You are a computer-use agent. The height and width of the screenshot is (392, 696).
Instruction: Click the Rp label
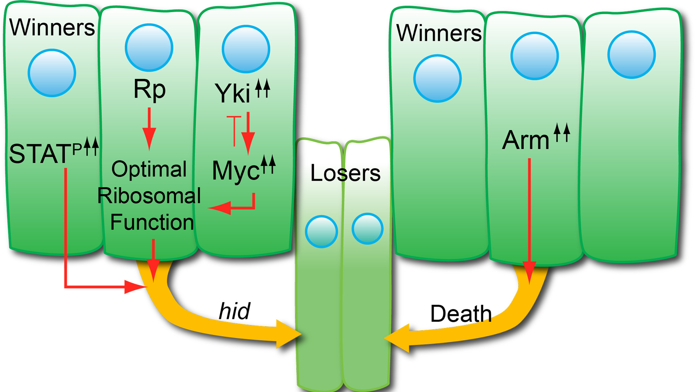pos(149,90)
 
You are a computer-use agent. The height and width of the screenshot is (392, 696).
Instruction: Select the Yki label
pos(233,93)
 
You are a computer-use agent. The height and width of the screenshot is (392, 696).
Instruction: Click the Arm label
pos(526,140)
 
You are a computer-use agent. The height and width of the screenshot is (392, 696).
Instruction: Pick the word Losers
pos(345,173)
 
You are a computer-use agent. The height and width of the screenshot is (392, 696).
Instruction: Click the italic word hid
pos(234,311)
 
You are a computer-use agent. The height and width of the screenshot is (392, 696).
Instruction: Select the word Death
pos(461,314)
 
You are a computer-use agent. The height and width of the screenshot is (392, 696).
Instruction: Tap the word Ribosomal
pos(149,196)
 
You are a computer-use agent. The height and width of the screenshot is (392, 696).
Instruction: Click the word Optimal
pos(149,169)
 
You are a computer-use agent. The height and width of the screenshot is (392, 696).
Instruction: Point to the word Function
pos(152,222)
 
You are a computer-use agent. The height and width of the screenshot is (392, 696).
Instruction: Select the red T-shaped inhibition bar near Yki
pos(234,130)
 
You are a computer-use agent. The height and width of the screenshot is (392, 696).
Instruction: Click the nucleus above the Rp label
pos(149,47)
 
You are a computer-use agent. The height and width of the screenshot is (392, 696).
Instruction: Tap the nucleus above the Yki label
pos(246,49)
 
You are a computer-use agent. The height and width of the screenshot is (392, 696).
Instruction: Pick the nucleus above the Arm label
pos(534,56)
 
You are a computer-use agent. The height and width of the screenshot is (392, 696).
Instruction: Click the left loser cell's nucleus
pos(321,232)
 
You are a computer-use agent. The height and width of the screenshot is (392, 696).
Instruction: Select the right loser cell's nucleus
pos(368,229)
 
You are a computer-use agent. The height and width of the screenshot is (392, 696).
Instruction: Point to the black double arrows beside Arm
pos(562,132)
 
